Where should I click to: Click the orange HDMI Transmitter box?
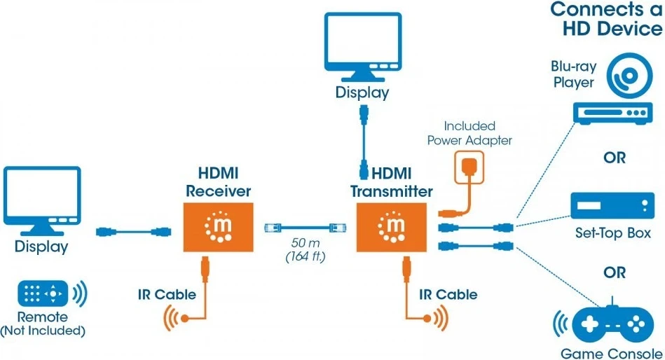(391, 228)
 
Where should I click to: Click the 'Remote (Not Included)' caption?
(43, 324)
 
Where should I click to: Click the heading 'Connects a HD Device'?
(606, 19)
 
